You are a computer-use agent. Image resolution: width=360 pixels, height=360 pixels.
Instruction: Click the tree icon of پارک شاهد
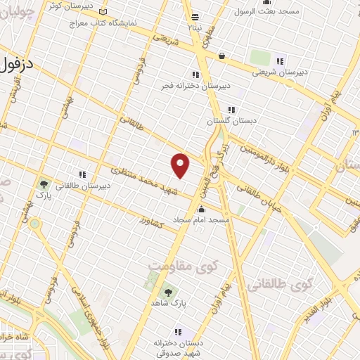click(168, 292)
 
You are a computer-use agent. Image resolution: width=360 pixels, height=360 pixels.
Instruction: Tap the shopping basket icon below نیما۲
click(221, 56)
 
